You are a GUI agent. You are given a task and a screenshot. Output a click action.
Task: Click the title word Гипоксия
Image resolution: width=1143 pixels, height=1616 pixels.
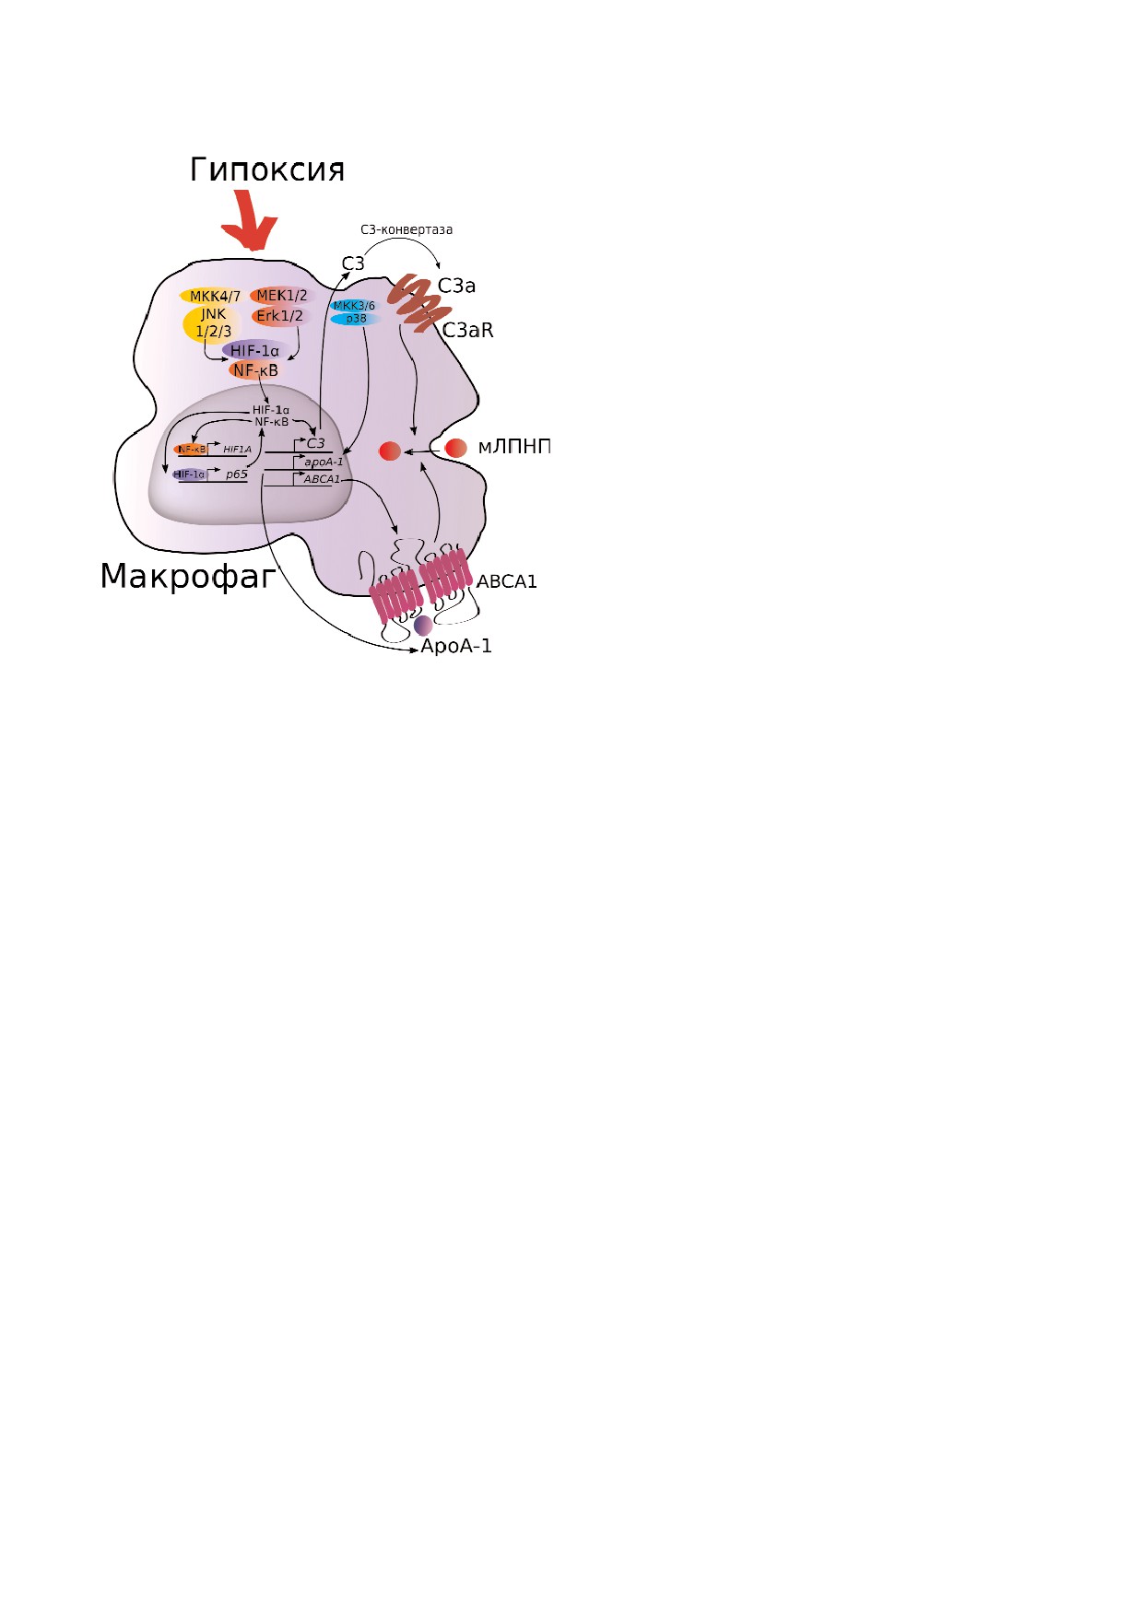(267, 170)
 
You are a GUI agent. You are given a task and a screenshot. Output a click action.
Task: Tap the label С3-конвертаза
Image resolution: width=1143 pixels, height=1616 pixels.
(407, 229)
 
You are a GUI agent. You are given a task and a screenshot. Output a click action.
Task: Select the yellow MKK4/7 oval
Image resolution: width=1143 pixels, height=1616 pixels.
(214, 296)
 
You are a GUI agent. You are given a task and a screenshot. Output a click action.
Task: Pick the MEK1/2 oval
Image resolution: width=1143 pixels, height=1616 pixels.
(281, 296)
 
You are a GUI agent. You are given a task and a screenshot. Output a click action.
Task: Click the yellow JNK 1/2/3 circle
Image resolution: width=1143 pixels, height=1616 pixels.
(213, 323)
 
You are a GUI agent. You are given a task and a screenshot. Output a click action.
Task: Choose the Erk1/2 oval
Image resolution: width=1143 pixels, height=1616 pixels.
(279, 316)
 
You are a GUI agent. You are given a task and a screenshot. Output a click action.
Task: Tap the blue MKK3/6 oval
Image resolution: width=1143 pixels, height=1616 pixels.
(354, 306)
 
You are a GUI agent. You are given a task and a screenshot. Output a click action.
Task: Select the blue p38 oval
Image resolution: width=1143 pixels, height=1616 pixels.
(356, 319)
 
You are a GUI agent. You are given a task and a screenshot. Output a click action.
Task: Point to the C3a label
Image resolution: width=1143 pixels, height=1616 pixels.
(456, 287)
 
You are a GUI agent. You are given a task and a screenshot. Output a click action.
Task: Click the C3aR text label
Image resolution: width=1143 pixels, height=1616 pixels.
(468, 330)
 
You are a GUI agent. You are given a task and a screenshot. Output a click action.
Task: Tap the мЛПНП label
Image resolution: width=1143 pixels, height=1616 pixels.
(513, 448)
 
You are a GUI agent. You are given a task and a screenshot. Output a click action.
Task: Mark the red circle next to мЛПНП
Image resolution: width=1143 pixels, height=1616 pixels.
(456, 448)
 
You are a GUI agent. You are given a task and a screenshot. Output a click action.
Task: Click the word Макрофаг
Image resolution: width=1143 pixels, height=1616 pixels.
(188, 576)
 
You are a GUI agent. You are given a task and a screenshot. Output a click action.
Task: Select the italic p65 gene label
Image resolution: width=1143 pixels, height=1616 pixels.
(237, 474)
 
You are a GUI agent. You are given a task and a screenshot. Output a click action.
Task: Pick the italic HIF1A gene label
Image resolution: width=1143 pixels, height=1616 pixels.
(237, 450)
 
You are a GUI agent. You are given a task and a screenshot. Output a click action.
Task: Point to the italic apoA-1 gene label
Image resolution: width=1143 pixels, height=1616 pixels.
(324, 463)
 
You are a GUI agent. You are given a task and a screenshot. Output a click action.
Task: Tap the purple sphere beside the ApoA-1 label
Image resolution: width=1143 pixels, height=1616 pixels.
(423, 625)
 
